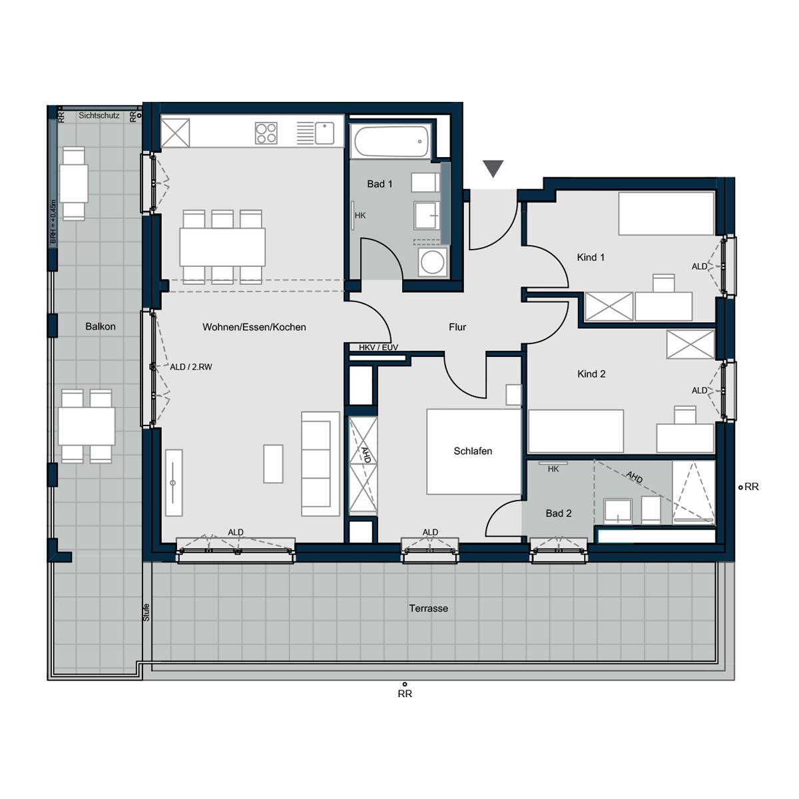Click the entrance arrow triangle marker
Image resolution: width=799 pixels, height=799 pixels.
tap(493, 168)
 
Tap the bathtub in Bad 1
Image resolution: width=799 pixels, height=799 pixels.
tap(391, 141)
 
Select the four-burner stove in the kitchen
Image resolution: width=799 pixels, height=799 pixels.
tap(266, 133)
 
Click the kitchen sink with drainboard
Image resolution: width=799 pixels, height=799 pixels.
tap(315, 133)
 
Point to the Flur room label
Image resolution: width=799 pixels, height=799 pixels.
tap(457, 327)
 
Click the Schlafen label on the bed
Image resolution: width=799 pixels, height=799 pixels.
tap(473, 451)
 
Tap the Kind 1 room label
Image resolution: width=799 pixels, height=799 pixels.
tap(591, 257)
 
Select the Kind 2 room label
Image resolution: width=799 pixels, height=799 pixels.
tap(591, 374)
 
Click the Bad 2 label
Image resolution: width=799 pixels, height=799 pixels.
tap(559, 513)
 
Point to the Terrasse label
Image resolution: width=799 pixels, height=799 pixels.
tap(428, 608)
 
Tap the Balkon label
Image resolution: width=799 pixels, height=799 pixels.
tap(101, 326)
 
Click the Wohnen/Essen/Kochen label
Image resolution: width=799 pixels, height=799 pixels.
tap(254, 327)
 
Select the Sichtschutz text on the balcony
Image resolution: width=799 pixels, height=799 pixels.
tap(99, 115)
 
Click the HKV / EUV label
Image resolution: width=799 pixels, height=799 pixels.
tap(378, 348)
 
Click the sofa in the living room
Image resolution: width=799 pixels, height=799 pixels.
tap(320, 463)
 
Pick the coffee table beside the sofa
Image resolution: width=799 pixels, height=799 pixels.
tap(273, 463)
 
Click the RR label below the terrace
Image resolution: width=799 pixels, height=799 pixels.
tap(405, 694)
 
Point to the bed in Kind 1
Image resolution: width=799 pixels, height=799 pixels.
tap(666, 213)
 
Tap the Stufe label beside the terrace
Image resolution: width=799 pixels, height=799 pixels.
tap(146, 612)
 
